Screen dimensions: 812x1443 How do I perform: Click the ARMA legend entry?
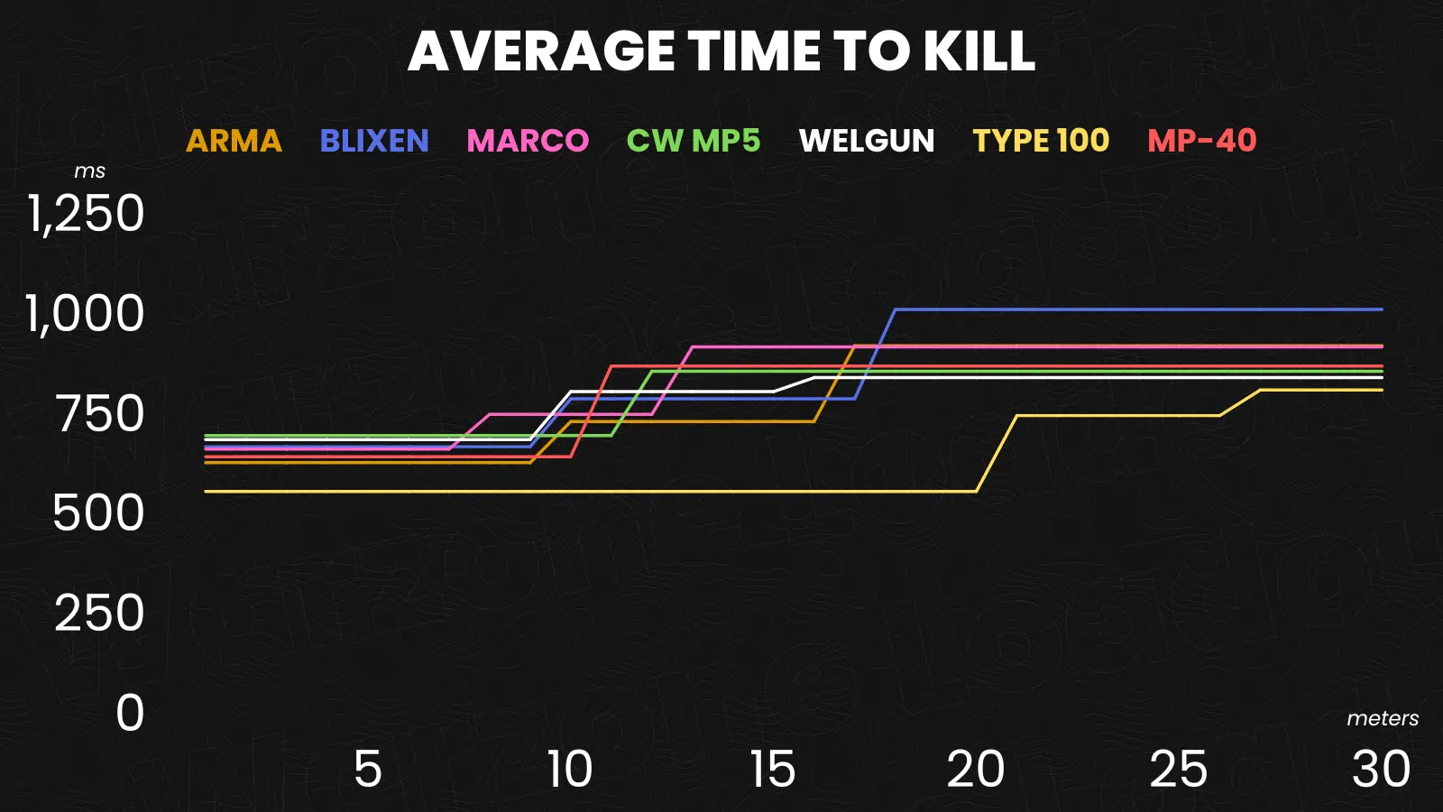[234, 141]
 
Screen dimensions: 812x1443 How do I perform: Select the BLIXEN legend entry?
[374, 141]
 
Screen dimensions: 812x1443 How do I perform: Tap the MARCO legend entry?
[528, 141]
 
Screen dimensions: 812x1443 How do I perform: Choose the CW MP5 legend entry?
[694, 141]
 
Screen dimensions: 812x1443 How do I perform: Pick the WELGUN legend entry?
[867, 141]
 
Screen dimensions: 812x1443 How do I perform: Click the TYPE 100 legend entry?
[1041, 141]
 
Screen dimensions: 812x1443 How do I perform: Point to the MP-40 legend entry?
[1202, 141]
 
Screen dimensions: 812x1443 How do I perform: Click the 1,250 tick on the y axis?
[87, 215]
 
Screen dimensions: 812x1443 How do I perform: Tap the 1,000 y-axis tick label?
[86, 314]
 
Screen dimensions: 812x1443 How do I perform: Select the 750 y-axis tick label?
[100, 414]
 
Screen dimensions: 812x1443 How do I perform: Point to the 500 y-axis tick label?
[98, 513]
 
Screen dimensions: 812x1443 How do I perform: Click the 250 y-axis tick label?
[99, 614]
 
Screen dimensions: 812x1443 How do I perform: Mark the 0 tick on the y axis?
[130, 713]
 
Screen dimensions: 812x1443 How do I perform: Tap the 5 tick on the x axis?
[367, 770]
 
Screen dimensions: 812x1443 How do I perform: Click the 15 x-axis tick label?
[773, 770]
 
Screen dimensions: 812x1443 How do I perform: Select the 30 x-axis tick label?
[1381, 770]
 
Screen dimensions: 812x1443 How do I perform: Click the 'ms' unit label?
[89, 171]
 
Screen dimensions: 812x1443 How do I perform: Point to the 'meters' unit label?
[1383, 718]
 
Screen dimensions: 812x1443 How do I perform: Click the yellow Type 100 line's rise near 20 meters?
[997, 453]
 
